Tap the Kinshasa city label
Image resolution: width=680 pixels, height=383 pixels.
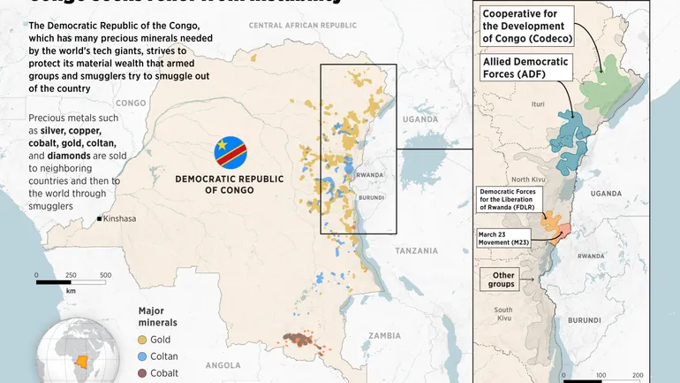click(x=120, y=218)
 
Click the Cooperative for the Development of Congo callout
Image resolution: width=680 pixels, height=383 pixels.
click(x=526, y=26)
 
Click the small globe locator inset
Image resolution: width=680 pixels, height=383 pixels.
click(x=83, y=354)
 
